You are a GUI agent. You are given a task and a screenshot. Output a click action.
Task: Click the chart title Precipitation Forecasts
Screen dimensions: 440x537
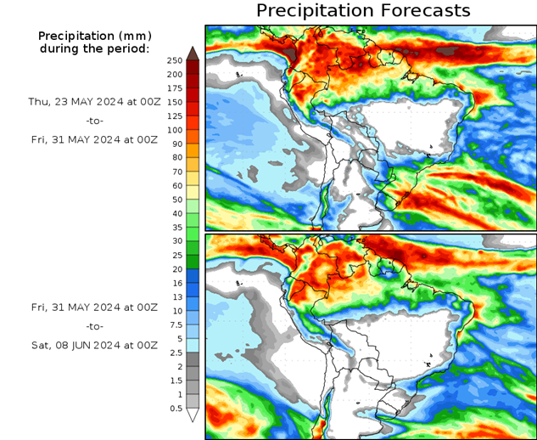click(362, 10)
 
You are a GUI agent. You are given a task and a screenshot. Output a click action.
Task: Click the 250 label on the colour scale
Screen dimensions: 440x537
click(175, 60)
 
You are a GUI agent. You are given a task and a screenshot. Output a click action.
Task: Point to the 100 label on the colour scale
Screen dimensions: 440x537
click(175, 130)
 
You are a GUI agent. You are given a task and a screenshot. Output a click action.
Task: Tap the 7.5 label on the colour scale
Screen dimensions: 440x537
click(176, 324)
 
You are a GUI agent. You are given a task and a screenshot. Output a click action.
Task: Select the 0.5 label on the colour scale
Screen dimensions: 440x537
click(175, 409)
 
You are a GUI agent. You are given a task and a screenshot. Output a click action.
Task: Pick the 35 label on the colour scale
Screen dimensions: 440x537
click(175, 228)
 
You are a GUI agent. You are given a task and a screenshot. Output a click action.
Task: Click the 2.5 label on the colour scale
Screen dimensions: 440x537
click(176, 353)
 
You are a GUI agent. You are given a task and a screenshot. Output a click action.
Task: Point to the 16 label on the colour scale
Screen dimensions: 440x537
click(175, 283)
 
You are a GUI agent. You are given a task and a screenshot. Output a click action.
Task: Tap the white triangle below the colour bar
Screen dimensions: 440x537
click(193, 415)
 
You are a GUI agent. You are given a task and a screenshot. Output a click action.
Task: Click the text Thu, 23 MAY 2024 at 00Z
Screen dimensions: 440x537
click(93, 101)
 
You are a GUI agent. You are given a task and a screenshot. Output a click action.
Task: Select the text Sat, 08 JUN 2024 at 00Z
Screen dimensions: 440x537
click(93, 345)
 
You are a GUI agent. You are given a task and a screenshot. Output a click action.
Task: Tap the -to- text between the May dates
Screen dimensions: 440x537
click(93, 121)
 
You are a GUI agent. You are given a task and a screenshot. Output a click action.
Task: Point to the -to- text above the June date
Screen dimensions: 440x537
click(93, 325)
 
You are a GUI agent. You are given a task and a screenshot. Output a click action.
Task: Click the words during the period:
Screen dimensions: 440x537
click(93, 48)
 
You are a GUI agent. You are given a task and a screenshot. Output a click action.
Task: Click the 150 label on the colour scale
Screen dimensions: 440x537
click(175, 102)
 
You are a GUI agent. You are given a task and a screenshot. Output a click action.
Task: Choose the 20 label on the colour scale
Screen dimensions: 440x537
click(175, 269)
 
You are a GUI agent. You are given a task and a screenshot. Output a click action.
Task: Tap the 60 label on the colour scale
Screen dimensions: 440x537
click(175, 185)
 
